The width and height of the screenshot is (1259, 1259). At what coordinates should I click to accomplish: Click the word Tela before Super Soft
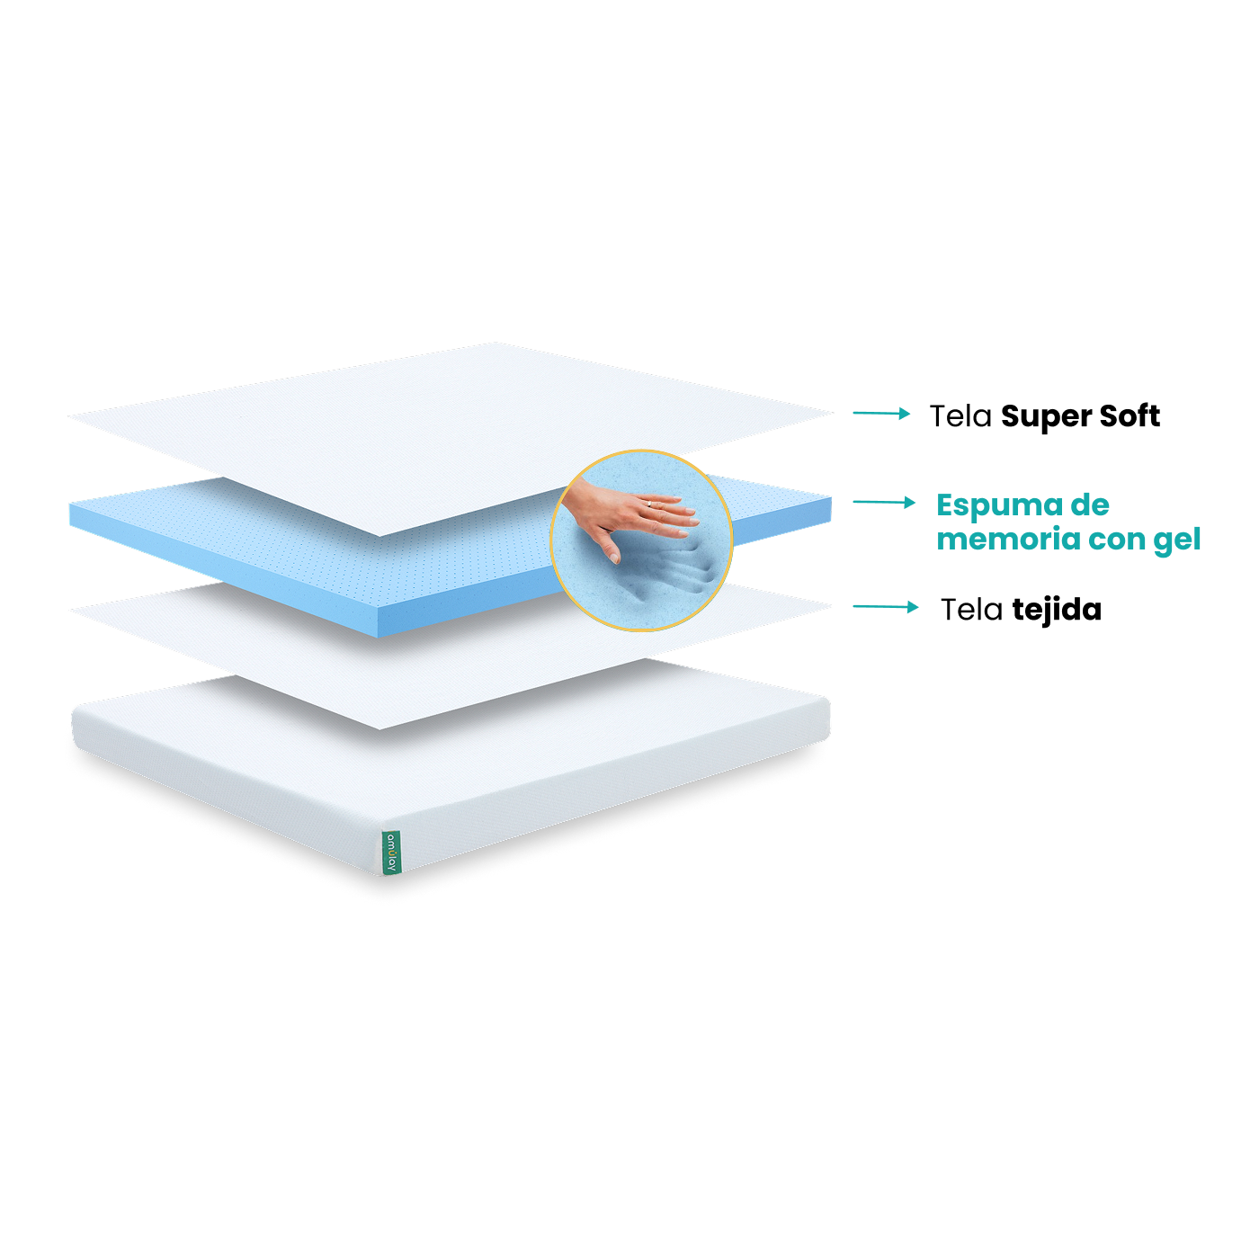tap(960, 416)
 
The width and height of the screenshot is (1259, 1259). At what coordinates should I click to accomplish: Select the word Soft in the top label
tap(1130, 415)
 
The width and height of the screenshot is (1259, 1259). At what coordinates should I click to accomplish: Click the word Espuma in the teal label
tap(999, 506)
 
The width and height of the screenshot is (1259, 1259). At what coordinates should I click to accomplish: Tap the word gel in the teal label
tap(1176, 540)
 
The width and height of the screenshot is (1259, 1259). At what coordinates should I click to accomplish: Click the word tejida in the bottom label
tap(1058, 611)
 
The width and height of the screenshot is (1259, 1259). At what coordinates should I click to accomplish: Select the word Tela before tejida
tap(971, 610)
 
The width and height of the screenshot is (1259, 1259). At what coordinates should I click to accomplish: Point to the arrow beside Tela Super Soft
tap(881, 413)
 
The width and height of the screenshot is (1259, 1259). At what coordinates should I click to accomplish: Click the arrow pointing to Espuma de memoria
tap(884, 502)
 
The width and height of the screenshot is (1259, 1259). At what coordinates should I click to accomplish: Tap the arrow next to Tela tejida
tap(885, 607)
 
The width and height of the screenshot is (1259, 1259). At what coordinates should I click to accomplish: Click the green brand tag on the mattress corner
tap(390, 853)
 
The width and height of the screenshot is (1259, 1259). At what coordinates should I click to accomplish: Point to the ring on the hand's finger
tap(648, 504)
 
